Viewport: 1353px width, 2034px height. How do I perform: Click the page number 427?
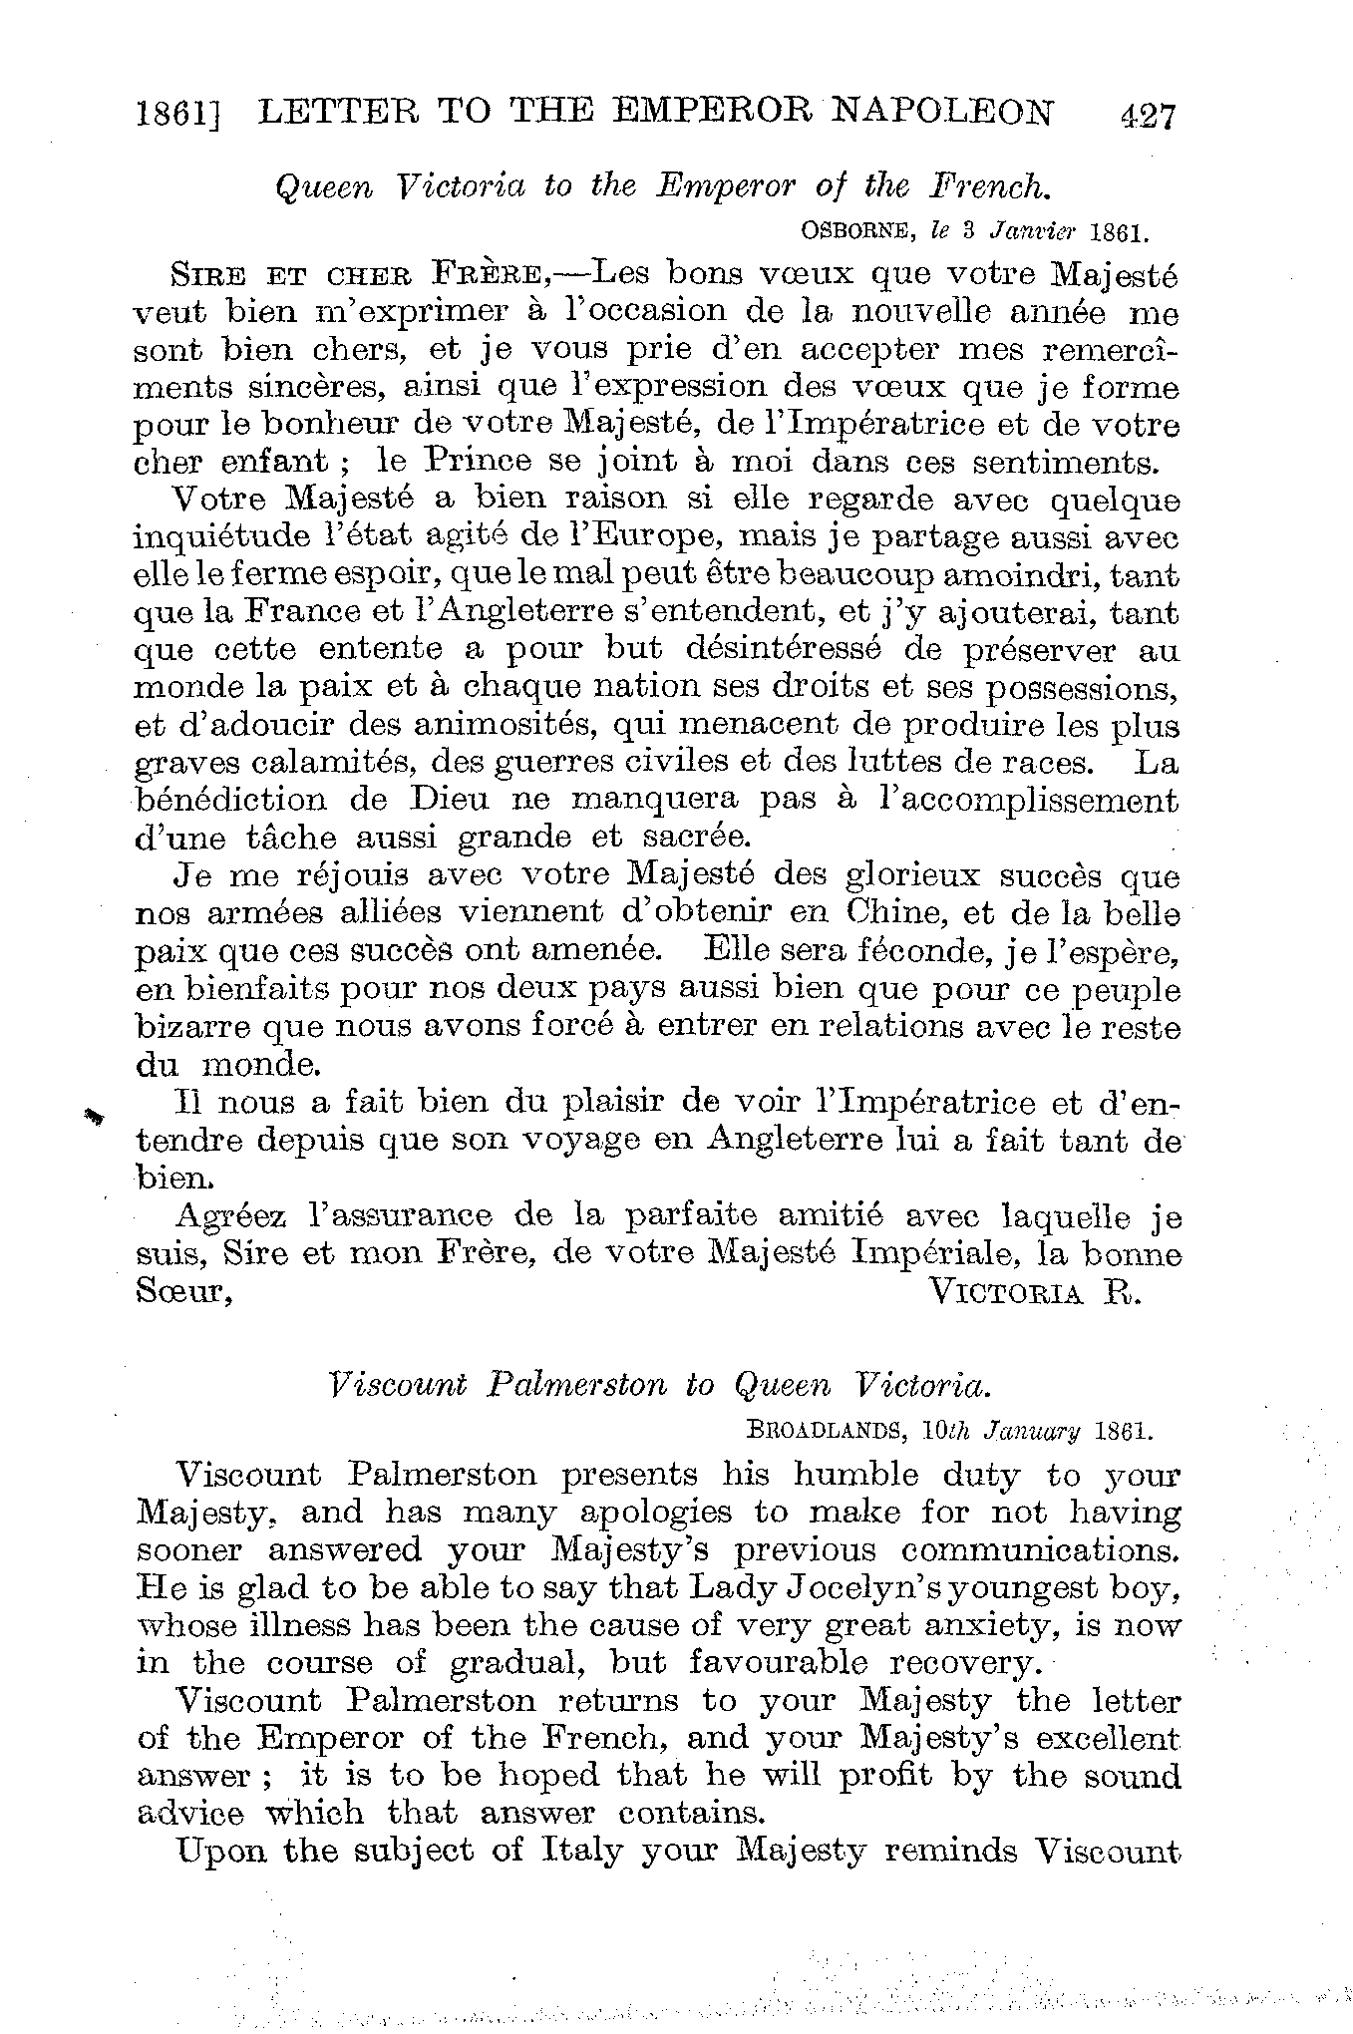[1148, 117]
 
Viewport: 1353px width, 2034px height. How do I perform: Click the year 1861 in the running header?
[176, 117]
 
